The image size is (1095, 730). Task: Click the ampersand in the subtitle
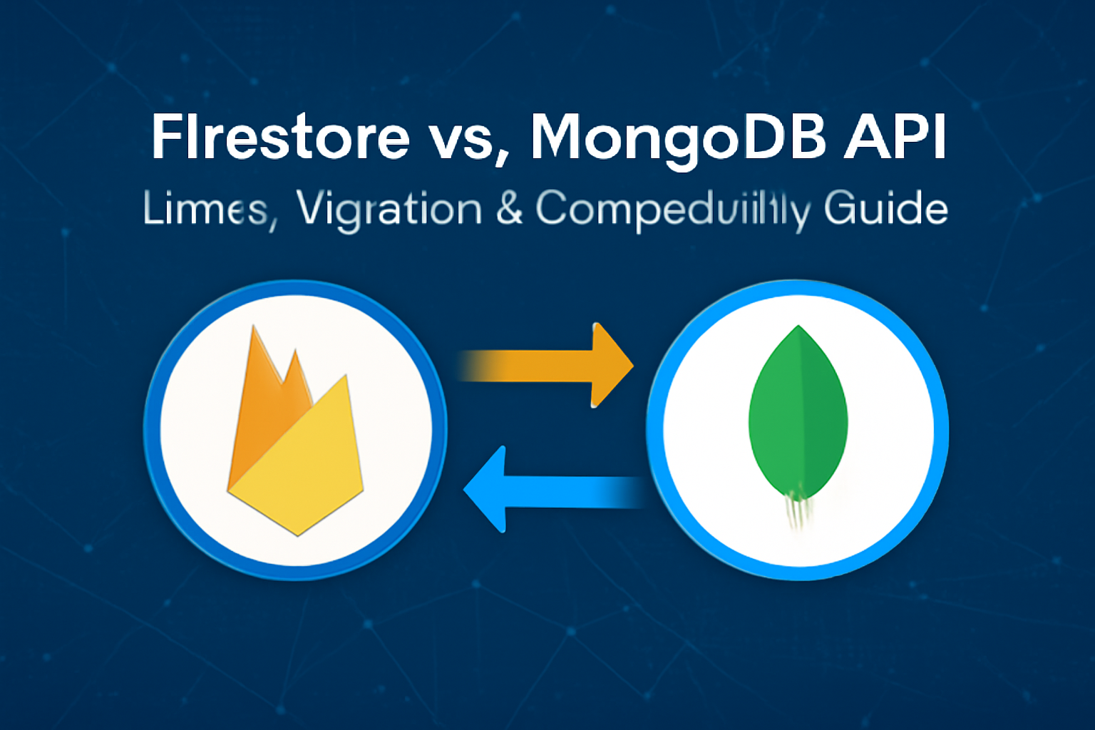[509, 209]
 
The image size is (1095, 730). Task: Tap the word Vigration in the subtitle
[389, 210]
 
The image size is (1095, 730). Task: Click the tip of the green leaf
[798, 329]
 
